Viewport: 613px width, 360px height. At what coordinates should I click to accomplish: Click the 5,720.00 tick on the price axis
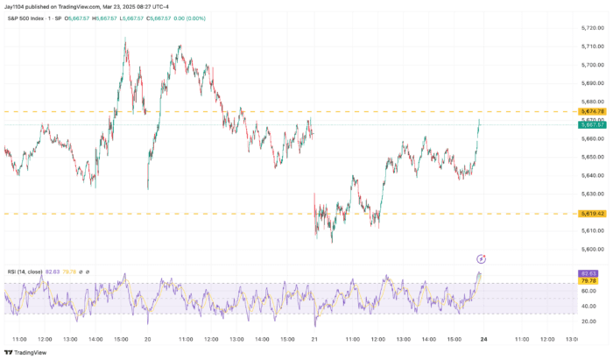point(593,28)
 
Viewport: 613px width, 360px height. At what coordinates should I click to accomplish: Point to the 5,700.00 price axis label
point(593,65)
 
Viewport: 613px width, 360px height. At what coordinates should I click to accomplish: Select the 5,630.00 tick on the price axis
point(593,194)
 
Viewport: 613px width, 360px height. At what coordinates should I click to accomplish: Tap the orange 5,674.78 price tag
point(593,112)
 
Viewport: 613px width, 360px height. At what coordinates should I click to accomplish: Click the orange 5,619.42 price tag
point(593,214)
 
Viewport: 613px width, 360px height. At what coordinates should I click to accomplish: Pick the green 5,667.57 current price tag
point(593,124)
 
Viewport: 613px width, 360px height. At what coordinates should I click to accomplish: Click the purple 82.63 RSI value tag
point(588,274)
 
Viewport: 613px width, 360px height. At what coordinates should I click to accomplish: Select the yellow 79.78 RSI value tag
point(588,281)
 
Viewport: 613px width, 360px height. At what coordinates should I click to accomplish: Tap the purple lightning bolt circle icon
point(481,258)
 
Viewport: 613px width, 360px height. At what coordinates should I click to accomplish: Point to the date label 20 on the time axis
point(147,338)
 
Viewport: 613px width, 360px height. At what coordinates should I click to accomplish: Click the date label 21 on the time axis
point(315,338)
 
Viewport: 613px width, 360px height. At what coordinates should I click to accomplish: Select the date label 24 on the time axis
point(483,338)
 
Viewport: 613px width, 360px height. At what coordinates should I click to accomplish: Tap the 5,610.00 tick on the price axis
point(593,231)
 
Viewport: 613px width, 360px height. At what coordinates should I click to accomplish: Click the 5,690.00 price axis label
point(593,83)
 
